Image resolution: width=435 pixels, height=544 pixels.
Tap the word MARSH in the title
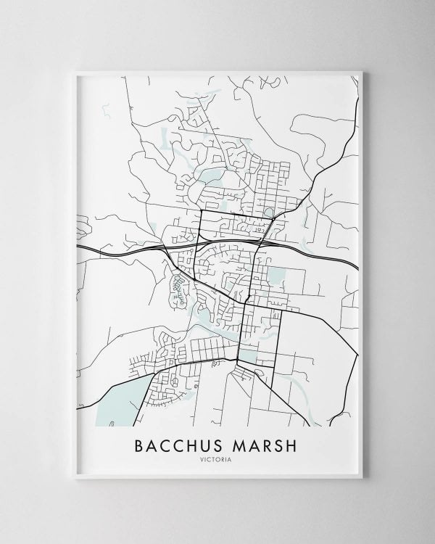pyautogui.click(x=263, y=443)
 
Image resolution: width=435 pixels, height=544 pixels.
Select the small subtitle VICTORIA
pyautogui.click(x=217, y=458)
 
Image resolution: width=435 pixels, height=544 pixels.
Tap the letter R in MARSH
pyautogui.click(x=265, y=443)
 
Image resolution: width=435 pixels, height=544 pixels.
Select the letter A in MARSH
pyautogui.click(x=251, y=443)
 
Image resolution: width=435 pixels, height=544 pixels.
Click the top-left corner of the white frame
pyautogui.click(x=75, y=70)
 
